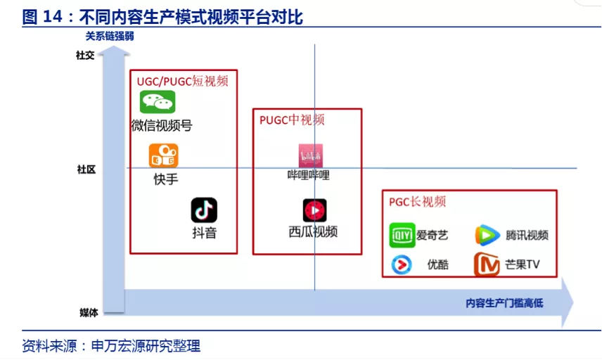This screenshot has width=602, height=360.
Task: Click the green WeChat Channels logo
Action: [157, 103]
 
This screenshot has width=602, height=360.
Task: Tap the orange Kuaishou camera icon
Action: [163, 155]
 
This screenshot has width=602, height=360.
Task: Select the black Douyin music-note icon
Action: [204, 210]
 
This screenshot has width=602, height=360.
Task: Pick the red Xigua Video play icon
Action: [314, 210]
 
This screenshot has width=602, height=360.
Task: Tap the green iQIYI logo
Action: [402, 235]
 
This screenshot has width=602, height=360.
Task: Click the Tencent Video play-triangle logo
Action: [487, 235]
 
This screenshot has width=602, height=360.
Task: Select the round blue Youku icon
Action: [402, 265]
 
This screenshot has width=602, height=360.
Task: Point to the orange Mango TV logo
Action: [487, 265]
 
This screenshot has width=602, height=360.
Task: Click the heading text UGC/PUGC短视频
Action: [183, 81]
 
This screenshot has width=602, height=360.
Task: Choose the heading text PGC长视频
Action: [417, 201]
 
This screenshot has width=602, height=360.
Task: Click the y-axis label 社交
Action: [85, 56]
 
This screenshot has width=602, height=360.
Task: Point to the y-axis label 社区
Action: [86, 169]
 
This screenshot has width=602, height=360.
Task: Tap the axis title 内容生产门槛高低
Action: [504, 304]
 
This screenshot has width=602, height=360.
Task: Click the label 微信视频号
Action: [162, 126]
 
